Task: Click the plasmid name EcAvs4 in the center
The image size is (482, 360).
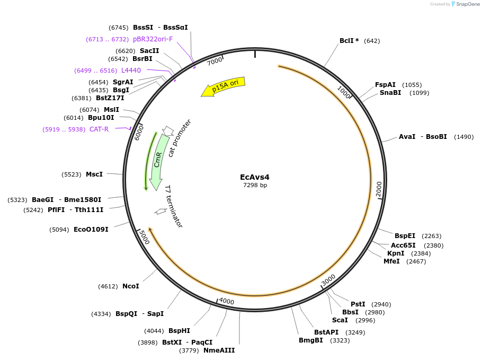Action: click(255, 177)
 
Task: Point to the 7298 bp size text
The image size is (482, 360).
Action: click(255, 186)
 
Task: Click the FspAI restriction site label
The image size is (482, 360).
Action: click(385, 85)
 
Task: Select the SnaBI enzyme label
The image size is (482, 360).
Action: click(390, 93)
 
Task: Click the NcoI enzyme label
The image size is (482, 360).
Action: click(131, 286)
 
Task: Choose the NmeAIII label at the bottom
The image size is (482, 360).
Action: click(219, 350)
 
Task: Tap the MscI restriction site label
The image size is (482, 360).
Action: click(94, 174)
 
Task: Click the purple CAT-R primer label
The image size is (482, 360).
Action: click(99, 129)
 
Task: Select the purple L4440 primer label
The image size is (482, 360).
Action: click(131, 71)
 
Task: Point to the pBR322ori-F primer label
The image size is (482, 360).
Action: click(153, 39)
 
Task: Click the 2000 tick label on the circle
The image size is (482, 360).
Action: click(379, 188)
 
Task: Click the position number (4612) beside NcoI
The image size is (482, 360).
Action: click(108, 286)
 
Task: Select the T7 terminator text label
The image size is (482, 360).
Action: click(174, 207)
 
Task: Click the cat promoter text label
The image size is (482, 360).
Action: click(180, 138)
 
